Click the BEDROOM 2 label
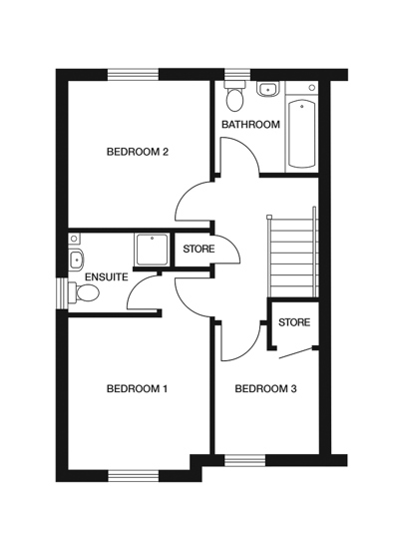tap(138, 152)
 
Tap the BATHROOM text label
tap(250, 125)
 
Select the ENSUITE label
tap(105, 276)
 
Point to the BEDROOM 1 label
tap(137, 388)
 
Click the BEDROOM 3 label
tap(265, 388)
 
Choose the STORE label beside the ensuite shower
tap(198, 249)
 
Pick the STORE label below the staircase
tap(293, 322)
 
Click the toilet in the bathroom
tap(235, 98)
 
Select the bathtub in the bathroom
tap(302, 134)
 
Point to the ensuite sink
tap(76, 260)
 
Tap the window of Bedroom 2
tap(134, 75)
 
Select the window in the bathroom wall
tap(237, 75)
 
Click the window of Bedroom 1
tap(134, 473)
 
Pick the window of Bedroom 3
tap(245, 460)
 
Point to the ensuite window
tap(62, 292)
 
